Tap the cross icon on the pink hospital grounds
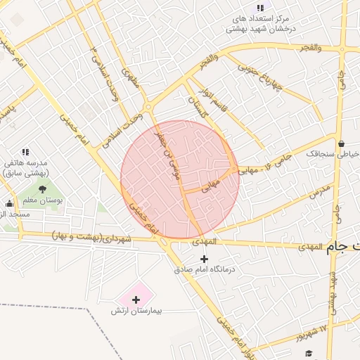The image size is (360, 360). click(x=136, y=300)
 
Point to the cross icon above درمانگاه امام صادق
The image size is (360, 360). click(x=205, y=258)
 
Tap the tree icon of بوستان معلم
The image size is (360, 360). click(x=42, y=189)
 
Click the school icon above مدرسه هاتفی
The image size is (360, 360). click(x=26, y=151)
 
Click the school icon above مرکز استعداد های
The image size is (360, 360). click(x=260, y=8)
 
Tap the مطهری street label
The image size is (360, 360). click(x=131, y=79)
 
